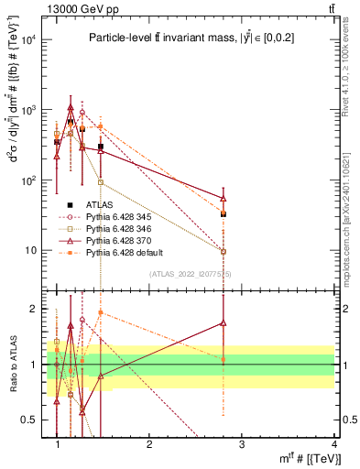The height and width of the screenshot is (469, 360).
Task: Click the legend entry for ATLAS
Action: (x=102, y=204)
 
